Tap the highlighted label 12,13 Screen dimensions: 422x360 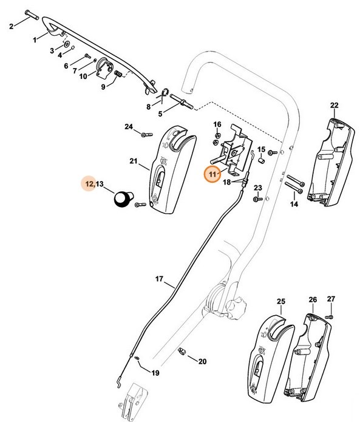point(94,183)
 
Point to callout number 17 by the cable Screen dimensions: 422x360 point(160,279)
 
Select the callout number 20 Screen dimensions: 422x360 point(202,361)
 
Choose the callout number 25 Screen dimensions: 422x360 point(280,301)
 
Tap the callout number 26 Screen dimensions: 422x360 point(313,301)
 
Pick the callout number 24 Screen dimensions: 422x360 point(129,126)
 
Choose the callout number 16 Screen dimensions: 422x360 point(217,124)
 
